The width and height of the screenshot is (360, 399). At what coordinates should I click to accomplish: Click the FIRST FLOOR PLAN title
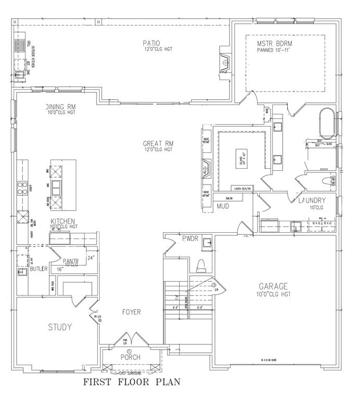tap(132, 383)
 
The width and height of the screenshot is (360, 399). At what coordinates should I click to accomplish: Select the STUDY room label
tap(60, 327)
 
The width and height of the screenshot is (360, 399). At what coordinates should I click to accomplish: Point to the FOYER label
tap(131, 312)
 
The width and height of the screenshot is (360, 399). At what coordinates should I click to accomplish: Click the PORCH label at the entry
tap(131, 357)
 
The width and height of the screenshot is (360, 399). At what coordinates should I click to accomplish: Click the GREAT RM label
tap(158, 143)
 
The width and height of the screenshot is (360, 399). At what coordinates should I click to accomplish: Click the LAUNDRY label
tap(312, 201)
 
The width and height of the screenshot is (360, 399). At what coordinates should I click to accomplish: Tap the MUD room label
tap(223, 207)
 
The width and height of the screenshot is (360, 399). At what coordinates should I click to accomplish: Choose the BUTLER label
tap(38, 269)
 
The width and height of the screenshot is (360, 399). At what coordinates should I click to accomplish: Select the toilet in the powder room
tap(202, 265)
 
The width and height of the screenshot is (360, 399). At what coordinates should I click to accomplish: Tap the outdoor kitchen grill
tap(20, 46)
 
